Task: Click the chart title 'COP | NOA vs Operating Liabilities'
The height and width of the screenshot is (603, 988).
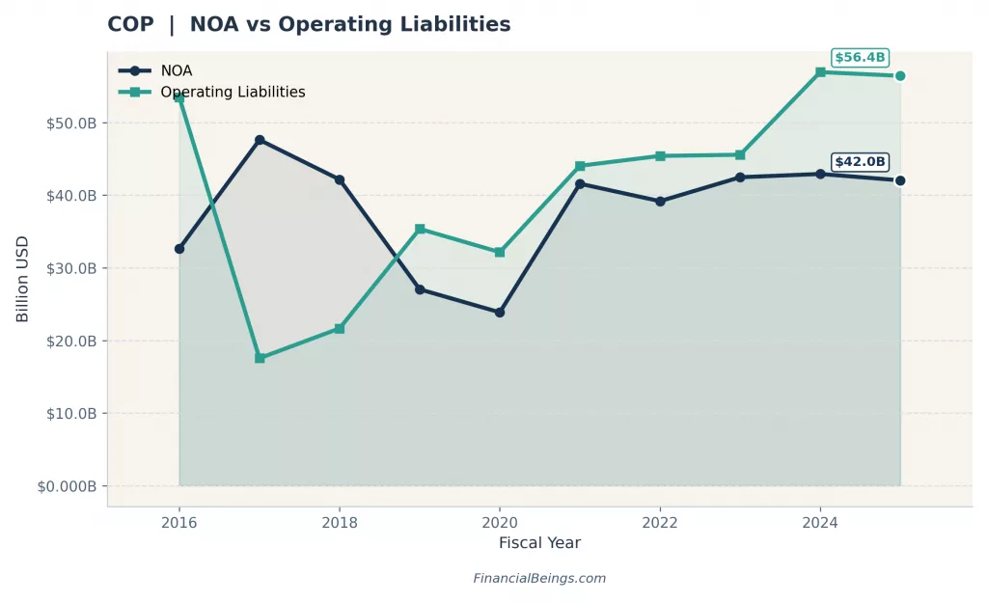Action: click(309, 25)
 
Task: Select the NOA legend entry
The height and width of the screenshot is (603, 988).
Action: click(176, 70)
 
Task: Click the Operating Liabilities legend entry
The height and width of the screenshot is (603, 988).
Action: click(232, 93)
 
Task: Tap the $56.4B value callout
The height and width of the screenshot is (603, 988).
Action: click(860, 57)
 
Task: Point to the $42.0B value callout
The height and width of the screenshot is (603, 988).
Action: click(860, 162)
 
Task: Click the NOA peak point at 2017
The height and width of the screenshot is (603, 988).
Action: click(260, 140)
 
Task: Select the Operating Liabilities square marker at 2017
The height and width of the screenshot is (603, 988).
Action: click(260, 358)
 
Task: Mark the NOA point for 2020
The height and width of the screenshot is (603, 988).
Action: click(500, 313)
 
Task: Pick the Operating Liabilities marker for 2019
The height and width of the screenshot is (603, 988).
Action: click(420, 229)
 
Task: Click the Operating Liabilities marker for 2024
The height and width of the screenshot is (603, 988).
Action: click(820, 72)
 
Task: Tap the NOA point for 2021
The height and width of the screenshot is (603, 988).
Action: click(580, 183)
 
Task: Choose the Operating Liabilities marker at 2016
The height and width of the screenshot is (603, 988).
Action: click(179, 98)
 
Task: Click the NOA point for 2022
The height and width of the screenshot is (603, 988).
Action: click(660, 202)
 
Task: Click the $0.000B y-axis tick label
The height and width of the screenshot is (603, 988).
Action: click(67, 486)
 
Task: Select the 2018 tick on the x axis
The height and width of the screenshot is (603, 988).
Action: click(340, 523)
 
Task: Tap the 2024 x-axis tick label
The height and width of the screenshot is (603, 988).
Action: click(820, 523)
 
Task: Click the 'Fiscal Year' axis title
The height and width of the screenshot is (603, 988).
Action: click(539, 543)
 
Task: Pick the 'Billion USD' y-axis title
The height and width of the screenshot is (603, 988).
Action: click(22, 279)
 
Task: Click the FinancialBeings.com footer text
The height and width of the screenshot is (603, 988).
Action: click(539, 579)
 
